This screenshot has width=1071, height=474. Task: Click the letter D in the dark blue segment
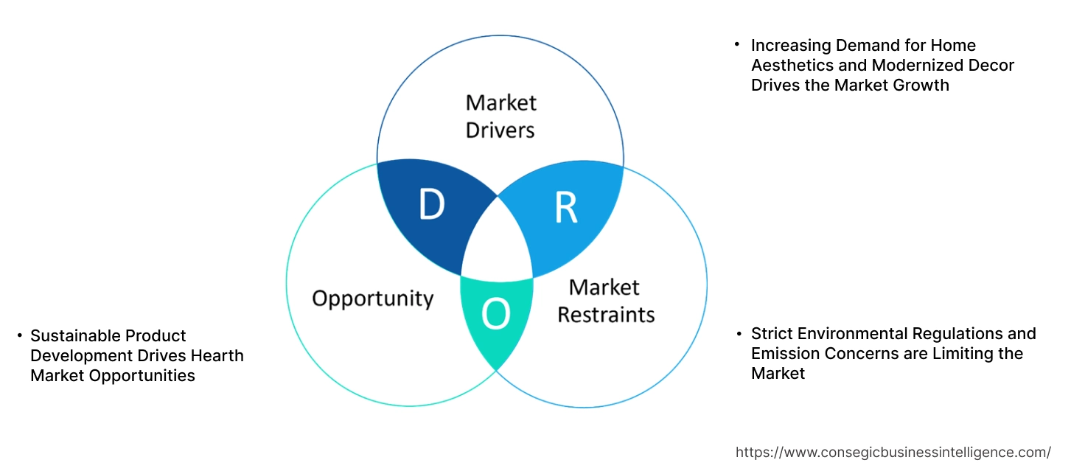pos(431,204)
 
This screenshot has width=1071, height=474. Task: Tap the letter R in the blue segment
pos(565,208)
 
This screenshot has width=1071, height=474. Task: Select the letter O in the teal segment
pos(495,315)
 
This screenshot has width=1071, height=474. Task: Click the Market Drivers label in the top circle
pos(501,116)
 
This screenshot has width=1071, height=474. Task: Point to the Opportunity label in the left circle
pos(372,299)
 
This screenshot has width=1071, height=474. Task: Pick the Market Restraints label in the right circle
pos(605,300)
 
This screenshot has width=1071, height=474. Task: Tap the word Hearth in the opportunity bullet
pos(217,356)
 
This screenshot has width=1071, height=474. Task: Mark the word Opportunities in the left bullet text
pos(142,376)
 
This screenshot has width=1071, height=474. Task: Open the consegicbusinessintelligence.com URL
pos(893,452)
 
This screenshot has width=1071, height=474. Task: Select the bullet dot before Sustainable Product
pos(20,336)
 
